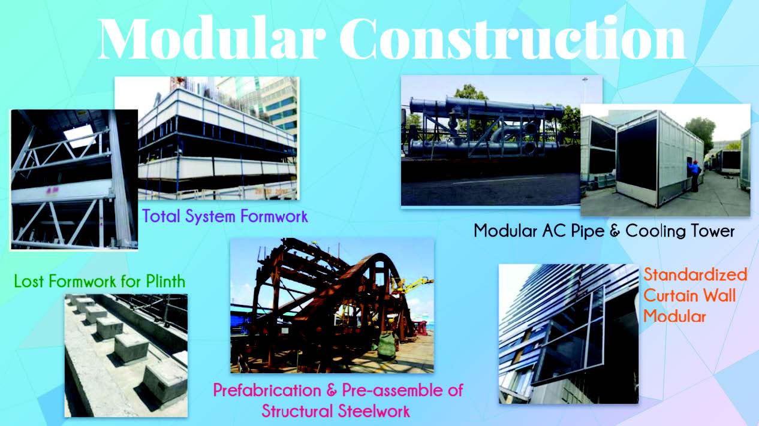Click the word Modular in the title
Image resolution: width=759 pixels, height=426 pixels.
tap(212, 38)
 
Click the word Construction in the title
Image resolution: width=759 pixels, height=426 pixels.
tap(513, 38)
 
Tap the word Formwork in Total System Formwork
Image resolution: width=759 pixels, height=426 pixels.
tap(274, 216)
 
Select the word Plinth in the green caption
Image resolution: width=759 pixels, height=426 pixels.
tap(165, 281)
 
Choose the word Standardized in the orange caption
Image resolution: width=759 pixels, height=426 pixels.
tap(695, 274)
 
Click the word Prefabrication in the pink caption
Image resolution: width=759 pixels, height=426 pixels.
tap(267, 391)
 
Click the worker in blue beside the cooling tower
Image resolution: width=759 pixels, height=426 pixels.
tap(695, 176)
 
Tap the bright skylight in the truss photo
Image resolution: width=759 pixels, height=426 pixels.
tap(79, 135)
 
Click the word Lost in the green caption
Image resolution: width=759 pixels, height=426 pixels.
tap(30, 281)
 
